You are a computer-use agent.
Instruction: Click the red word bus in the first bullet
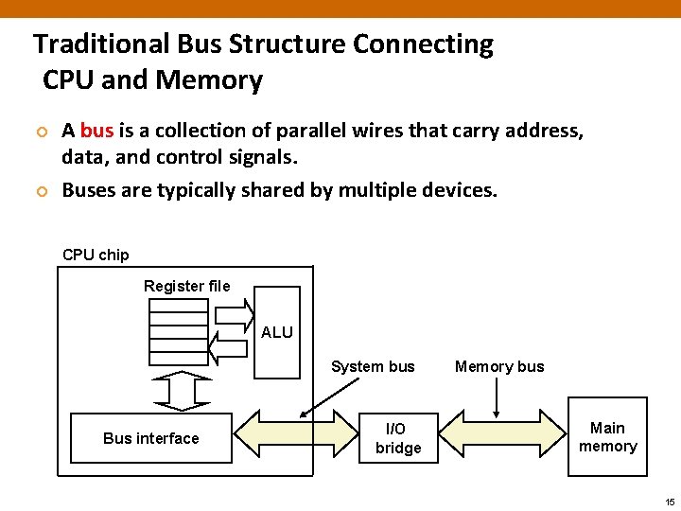(x=96, y=131)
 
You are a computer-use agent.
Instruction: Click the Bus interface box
(x=151, y=438)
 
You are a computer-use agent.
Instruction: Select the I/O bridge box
(x=398, y=438)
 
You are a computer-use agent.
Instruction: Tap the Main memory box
(x=607, y=437)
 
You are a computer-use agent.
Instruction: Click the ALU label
(x=277, y=332)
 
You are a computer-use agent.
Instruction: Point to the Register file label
(x=186, y=286)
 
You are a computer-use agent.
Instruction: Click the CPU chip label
(x=96, y=255)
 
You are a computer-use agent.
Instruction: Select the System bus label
(x=373, y=366)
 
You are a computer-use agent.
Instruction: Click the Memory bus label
(x=499, y=366)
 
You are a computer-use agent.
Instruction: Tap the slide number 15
(x=670, y=501)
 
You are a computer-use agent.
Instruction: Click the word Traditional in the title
(x=101, y=44)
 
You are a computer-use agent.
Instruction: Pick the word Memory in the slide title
(x=210, y=80)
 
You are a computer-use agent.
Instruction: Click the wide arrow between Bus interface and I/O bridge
(x=295, y=438)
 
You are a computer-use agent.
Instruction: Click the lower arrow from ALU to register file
(x=227, y=350)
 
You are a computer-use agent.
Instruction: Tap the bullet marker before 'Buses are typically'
(x=41, y=191)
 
